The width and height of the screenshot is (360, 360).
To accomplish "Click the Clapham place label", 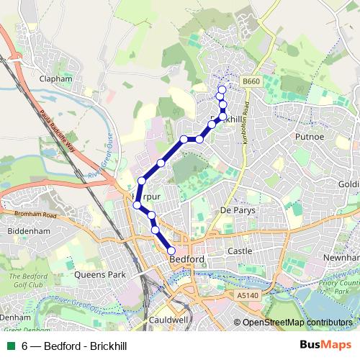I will coord(56,78).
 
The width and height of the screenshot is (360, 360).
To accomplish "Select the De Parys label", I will coord(238,210).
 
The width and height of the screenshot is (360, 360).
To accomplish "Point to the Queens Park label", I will coord(96,274).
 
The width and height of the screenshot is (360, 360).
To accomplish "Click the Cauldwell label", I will coord(167,318).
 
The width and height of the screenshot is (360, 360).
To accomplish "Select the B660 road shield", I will coord(251,83).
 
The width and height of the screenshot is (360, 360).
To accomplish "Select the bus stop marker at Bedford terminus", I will coord(171,251).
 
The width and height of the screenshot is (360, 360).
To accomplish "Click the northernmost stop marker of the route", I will coord(221,90).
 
